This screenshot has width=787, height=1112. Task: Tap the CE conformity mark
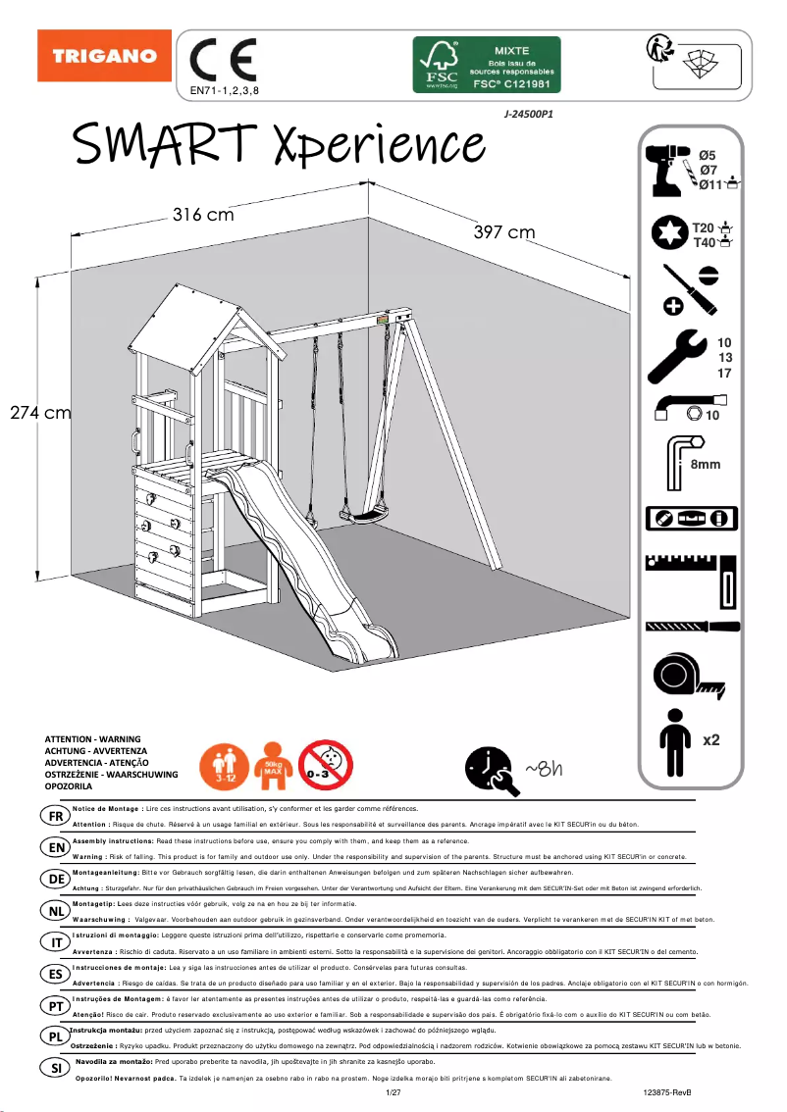(x=223, y=61)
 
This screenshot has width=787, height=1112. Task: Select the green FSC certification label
(x=486, y=65)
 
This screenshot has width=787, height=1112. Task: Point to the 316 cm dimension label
(x=203, y=215)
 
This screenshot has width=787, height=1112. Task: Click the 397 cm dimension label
(x=504, y=232)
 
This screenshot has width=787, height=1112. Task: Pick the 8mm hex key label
(x=705, y=464)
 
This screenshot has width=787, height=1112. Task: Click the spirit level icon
(x=690, y=518)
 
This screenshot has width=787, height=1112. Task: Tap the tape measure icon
(x=685, y=676)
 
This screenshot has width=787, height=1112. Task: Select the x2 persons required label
(x=711, y=738)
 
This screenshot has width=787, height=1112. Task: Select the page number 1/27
(x=393, y=1091)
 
